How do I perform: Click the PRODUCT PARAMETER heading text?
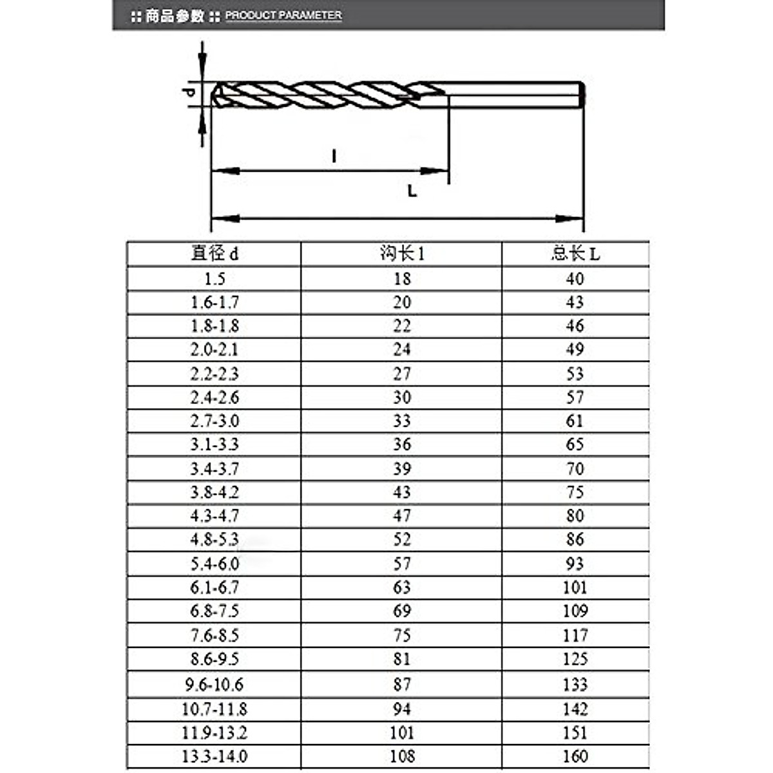pos(283,15)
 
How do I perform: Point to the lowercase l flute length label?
pos(334,156)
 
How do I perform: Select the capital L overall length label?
pos(412,191)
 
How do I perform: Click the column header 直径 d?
pos(215,253)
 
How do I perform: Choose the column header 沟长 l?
pos(402,253)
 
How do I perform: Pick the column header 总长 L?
pos(575,253)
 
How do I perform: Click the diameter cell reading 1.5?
pos(215,279)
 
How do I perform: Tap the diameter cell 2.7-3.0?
pos(215,421)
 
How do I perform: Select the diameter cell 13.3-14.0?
pos(215,756)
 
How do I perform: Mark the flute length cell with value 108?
pos(402,756)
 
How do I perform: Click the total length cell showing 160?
pos(575,756)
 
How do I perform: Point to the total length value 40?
pos(575,279)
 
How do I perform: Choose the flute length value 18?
pos(402,279)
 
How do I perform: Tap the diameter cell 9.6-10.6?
pos(215,685)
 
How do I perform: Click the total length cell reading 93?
pos(575,564)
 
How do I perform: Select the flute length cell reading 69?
pos(402,611)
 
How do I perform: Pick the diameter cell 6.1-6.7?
pos(215,587)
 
